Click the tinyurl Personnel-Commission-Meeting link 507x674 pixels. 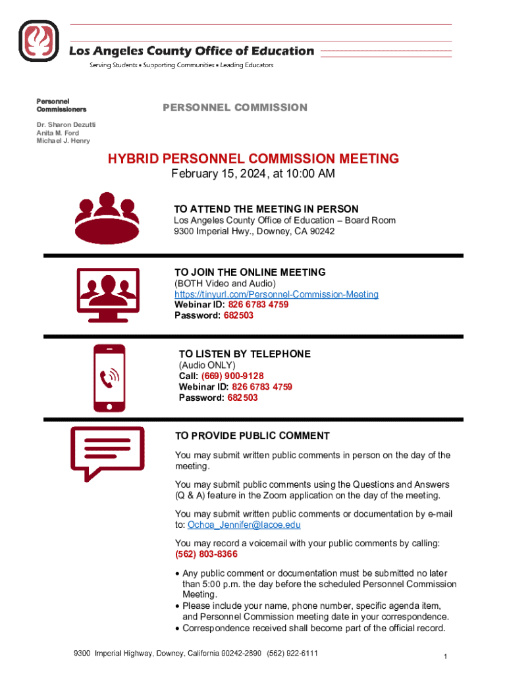276,294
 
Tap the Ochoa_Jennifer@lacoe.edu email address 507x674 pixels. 244,525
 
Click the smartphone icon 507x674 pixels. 109,378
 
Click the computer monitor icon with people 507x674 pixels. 108,295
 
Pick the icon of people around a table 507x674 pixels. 107,217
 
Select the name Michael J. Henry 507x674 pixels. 63,141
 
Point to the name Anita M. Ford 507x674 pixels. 58,133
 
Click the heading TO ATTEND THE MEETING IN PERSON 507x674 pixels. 266,209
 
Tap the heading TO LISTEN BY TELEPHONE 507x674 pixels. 244,354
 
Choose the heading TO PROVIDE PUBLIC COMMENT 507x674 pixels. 252,436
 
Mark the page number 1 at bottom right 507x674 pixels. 446,657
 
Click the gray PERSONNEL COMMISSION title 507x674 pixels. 234,107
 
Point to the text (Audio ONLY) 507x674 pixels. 207,365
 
